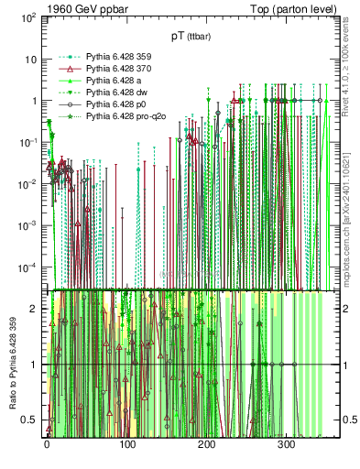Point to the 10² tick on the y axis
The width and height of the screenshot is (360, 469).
[27, 17]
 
